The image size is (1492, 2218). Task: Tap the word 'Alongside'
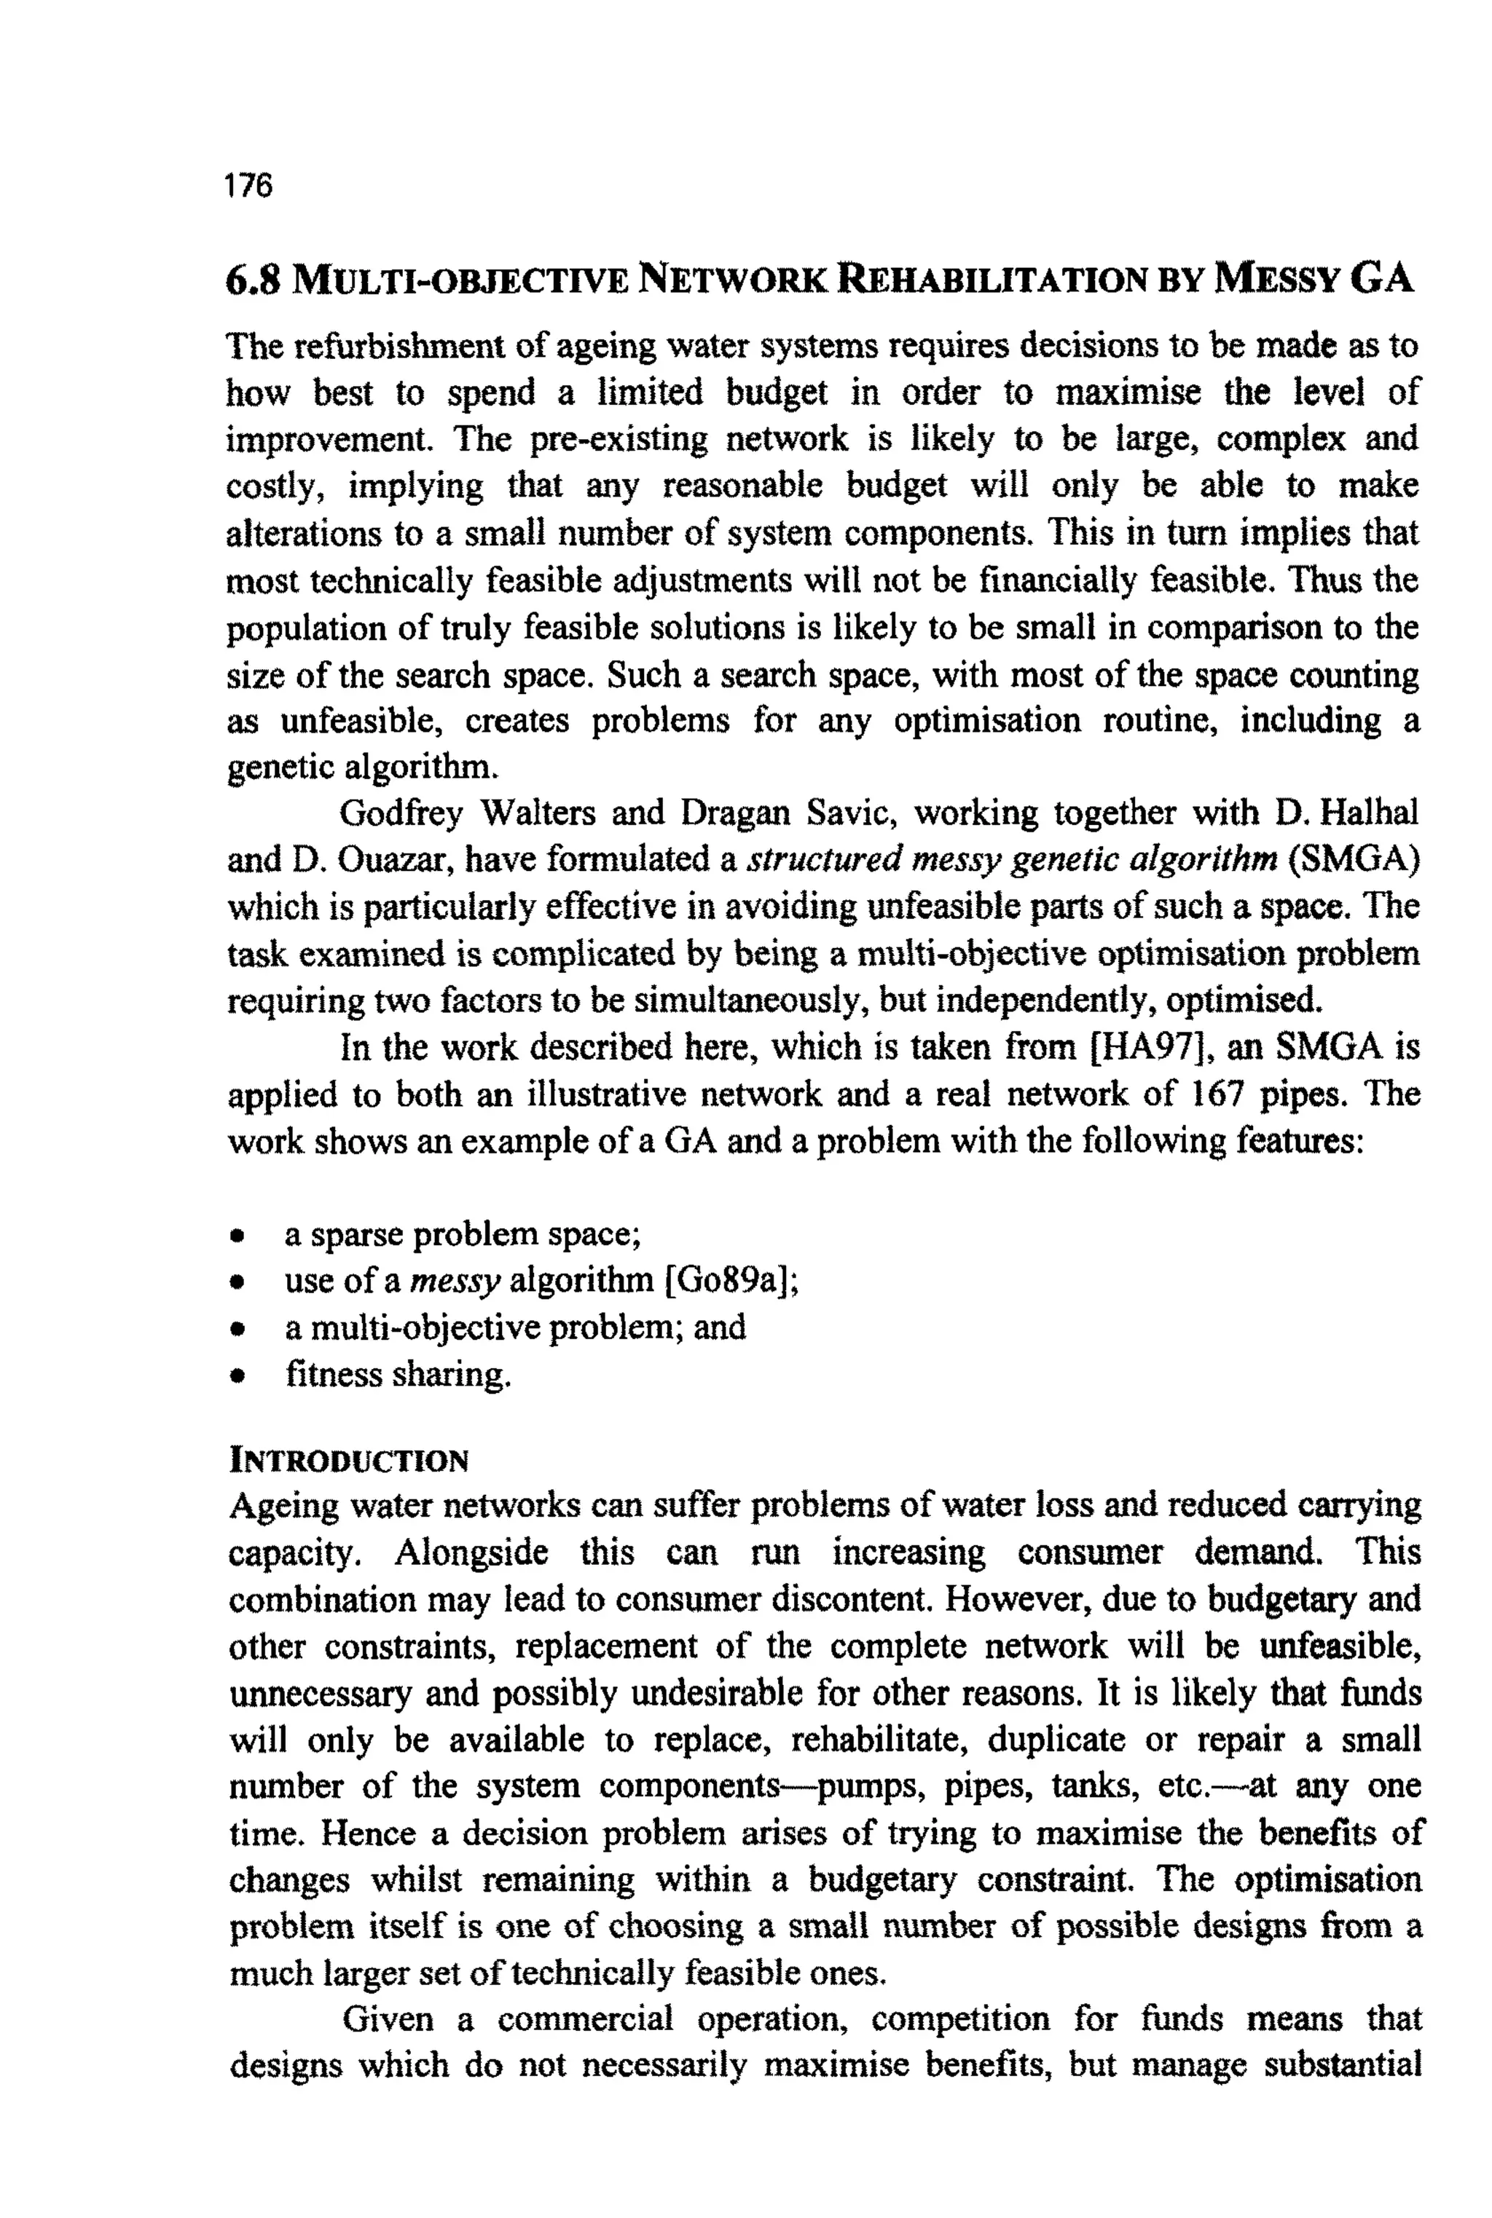471,1552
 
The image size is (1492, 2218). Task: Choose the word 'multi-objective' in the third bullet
425,1327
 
